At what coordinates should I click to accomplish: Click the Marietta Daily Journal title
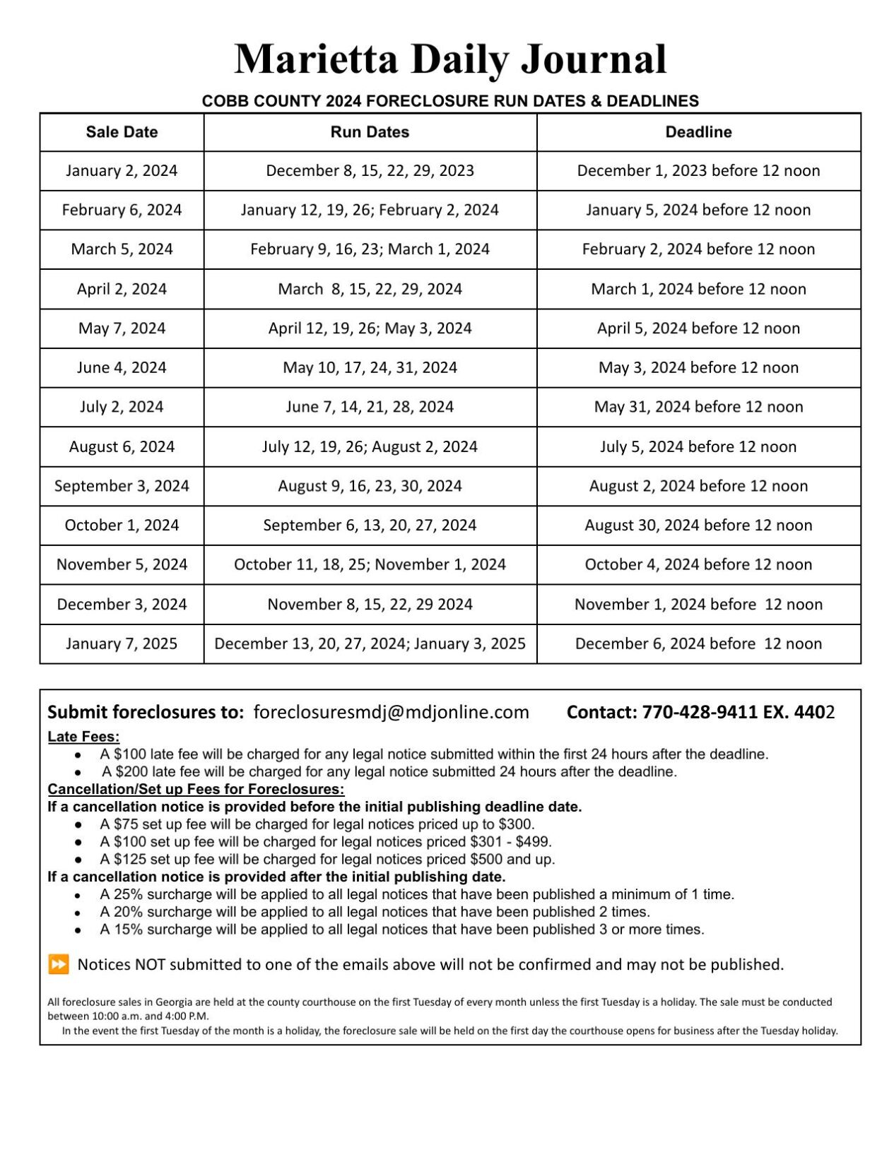(450, 59)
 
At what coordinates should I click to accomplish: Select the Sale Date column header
(122, 132)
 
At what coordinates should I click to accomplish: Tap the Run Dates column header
(370, 132)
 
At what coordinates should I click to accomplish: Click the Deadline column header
(698, 132)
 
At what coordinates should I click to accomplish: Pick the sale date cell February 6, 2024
(122, 210)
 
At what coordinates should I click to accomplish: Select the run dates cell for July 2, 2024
(370, 407)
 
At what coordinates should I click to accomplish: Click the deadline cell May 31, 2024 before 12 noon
(698, 407)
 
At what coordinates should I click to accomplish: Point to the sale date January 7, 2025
(122, 643)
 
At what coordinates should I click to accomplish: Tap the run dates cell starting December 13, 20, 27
(370, 643)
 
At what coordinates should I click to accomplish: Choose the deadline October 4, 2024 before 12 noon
(698, 564)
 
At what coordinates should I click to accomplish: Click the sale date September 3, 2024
(122, 486)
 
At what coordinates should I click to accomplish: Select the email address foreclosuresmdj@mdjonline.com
(391, 712)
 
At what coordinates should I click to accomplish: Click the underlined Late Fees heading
(83, 737)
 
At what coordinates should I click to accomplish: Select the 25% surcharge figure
(128, 894)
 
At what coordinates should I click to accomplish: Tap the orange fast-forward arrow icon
(59, 964)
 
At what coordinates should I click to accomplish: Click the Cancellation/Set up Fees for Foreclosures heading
(196, 789)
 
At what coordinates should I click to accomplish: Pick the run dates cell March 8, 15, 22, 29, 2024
(370, 289)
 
